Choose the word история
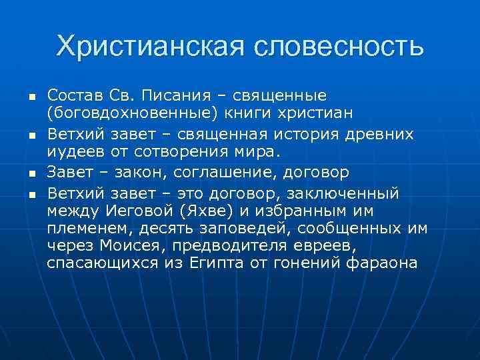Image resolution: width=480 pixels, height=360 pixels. (x=325, y=134)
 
